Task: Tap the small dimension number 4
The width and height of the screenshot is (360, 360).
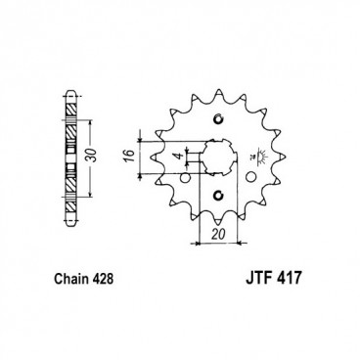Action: point(176,157)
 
